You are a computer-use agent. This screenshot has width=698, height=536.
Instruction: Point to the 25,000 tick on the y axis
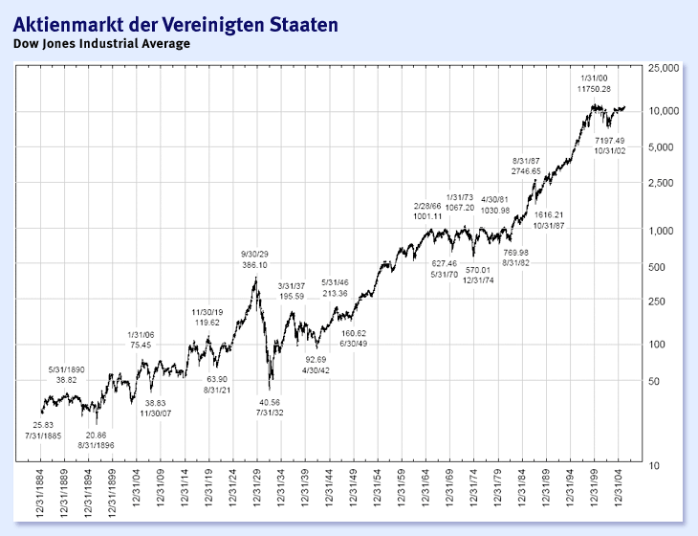662,70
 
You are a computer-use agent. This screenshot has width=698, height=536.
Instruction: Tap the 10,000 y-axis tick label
662,112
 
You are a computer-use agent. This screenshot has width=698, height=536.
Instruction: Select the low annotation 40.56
270,402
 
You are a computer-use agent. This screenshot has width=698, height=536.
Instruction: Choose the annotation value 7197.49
609,140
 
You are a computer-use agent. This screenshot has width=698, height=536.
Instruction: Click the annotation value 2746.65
526,171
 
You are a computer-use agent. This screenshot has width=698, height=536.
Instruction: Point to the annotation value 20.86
98,435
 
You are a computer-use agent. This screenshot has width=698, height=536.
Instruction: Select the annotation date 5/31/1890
67,368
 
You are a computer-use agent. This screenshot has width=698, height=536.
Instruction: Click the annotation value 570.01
478,269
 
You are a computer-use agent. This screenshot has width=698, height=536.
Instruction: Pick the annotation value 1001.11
427,216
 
